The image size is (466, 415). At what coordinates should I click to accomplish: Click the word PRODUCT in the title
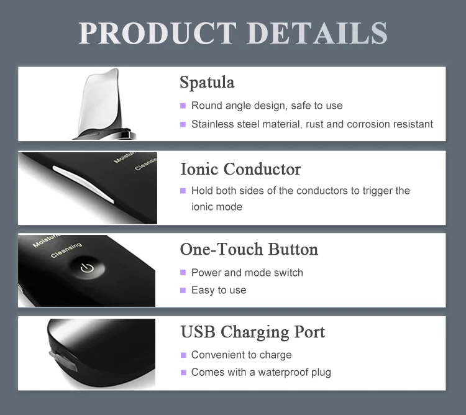158,33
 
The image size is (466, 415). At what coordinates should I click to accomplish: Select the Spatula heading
207,82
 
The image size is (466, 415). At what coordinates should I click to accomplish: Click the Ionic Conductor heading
240,169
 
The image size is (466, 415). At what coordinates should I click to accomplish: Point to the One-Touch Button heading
249,249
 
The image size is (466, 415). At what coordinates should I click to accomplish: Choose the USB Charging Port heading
252,332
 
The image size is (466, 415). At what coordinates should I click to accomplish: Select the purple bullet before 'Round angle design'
183,106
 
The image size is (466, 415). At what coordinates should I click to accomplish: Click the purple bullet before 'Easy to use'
183,290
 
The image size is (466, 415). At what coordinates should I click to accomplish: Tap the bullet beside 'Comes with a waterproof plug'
183,373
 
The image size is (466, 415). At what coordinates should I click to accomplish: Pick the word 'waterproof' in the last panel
273,373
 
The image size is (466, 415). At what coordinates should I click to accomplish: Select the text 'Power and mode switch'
247,273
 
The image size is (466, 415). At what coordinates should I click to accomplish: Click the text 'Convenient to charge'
241,355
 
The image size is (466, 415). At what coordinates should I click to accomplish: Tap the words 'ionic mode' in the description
217,207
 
